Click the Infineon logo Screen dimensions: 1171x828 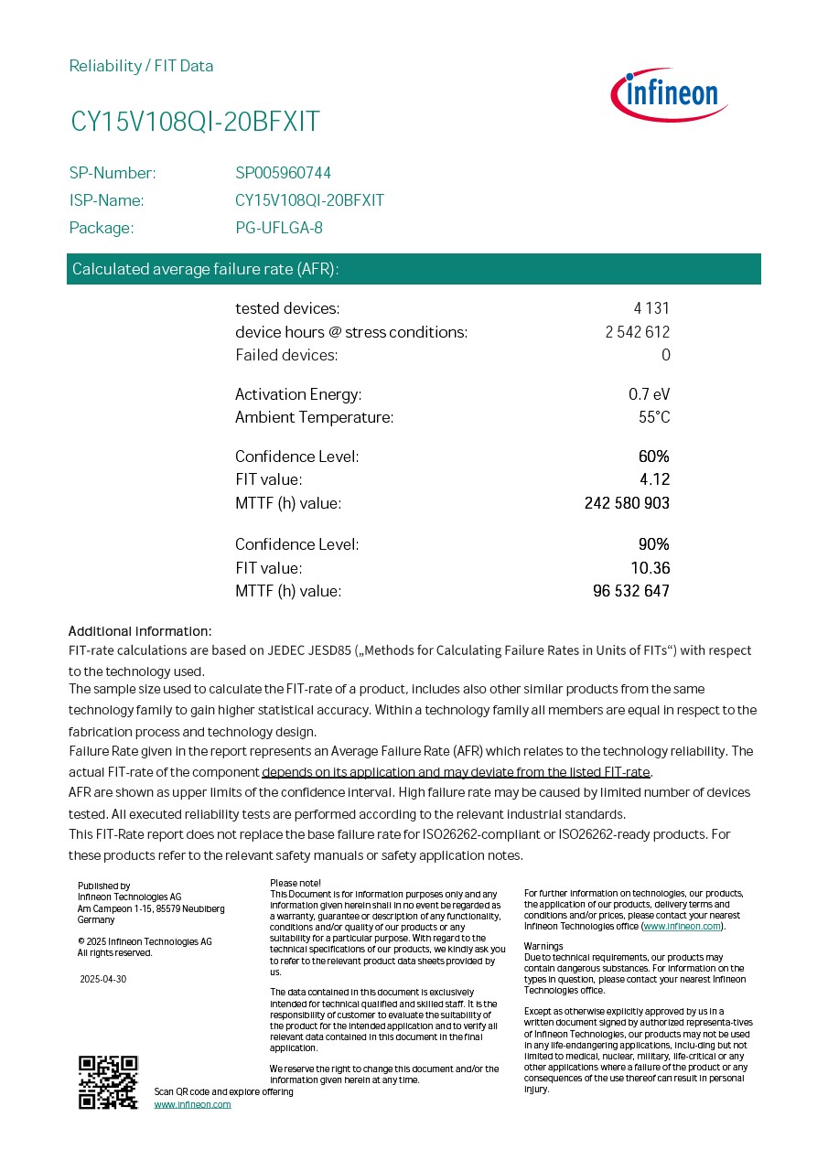(670, 95)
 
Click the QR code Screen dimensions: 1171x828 (108, 1082)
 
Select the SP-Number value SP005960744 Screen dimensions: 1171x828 (284, 173)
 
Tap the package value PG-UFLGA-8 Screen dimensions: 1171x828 (279, 228)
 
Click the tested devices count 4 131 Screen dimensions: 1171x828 (651, 308)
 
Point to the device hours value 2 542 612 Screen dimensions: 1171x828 (637, 332)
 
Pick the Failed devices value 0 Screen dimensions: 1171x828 (666, 355)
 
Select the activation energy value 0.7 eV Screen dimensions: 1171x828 (649, 394)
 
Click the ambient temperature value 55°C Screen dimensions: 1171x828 (653, 417)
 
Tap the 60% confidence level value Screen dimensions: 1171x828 (653, 457)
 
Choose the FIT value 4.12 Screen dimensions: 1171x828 (654, 479)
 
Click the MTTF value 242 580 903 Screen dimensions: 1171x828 (627, 503)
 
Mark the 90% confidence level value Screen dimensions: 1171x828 (653, 544)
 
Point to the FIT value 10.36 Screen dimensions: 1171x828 (650, 568)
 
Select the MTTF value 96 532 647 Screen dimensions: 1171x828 (631, 591)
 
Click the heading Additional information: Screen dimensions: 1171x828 (140, 631)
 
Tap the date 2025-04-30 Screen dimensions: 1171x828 (102, 979)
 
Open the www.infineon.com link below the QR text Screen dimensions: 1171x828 (192, 1104)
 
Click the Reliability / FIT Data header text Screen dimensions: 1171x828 (141, 66)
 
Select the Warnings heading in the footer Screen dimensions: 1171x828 (543, 946)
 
